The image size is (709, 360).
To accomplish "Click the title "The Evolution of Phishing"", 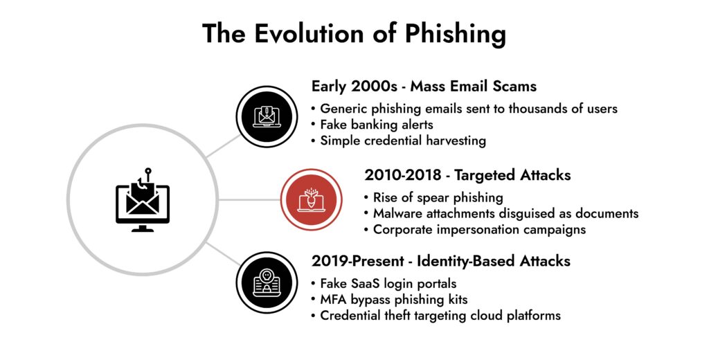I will coord(354,33).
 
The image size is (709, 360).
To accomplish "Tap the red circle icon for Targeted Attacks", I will coord(311,200).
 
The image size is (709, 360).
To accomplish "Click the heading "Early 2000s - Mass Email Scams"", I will coord(424,87).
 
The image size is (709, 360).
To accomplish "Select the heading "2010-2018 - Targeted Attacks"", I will coord(467,174).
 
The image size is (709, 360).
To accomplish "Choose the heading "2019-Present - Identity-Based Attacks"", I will coord(440,261).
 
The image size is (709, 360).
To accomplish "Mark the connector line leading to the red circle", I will coord(250,200).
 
